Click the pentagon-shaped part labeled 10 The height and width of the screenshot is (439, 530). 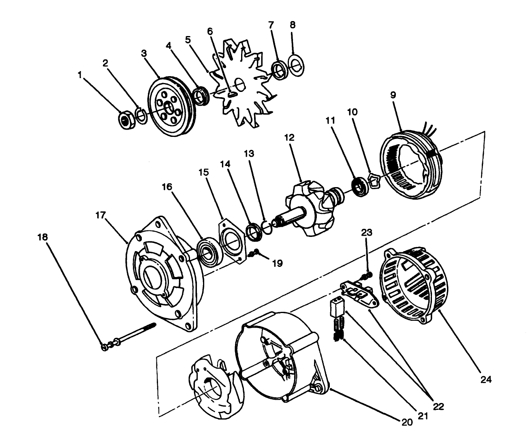374,181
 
